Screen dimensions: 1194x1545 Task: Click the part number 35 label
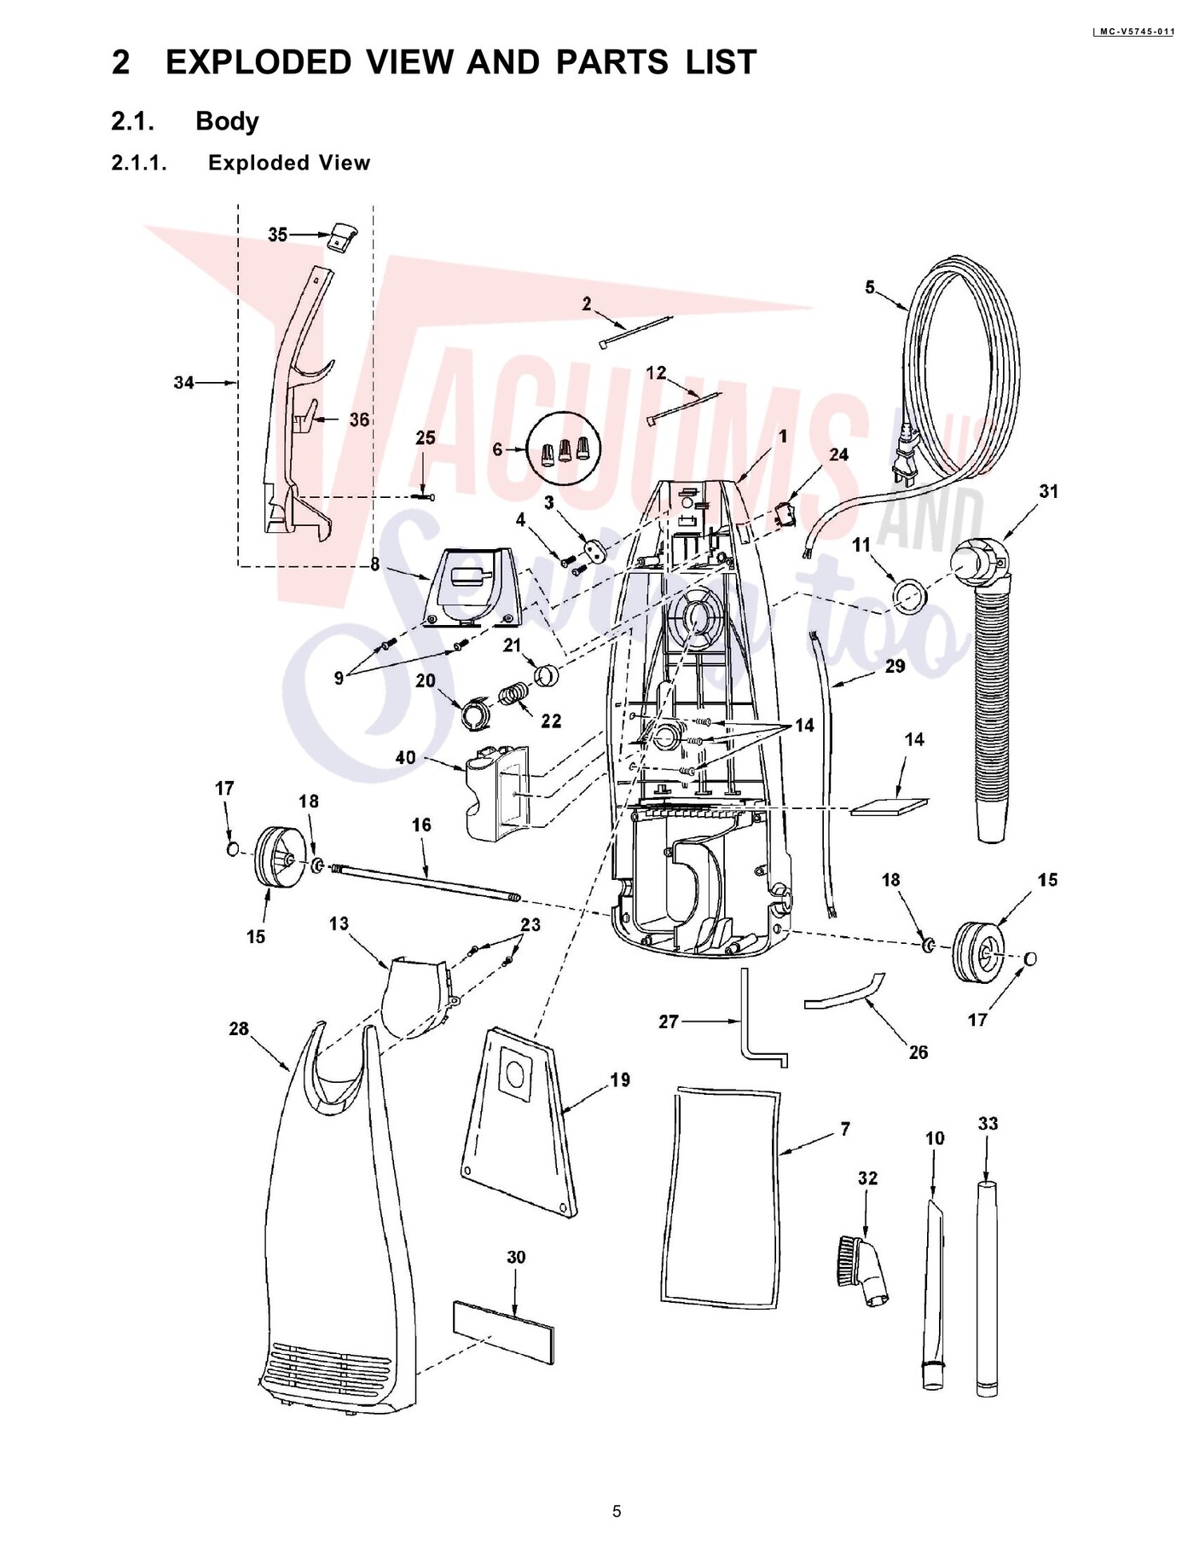[278, 234]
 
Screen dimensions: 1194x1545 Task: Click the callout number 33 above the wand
[988, 1124]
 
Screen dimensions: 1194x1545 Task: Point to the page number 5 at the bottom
[617, 1511]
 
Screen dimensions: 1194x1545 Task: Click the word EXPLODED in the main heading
[258, 62]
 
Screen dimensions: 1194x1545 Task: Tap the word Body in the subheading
[227, 121]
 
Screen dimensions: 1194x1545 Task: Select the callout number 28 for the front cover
[239, 1029]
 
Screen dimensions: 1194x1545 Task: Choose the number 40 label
[406, 757]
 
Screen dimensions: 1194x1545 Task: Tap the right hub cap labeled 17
[1029, 958]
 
